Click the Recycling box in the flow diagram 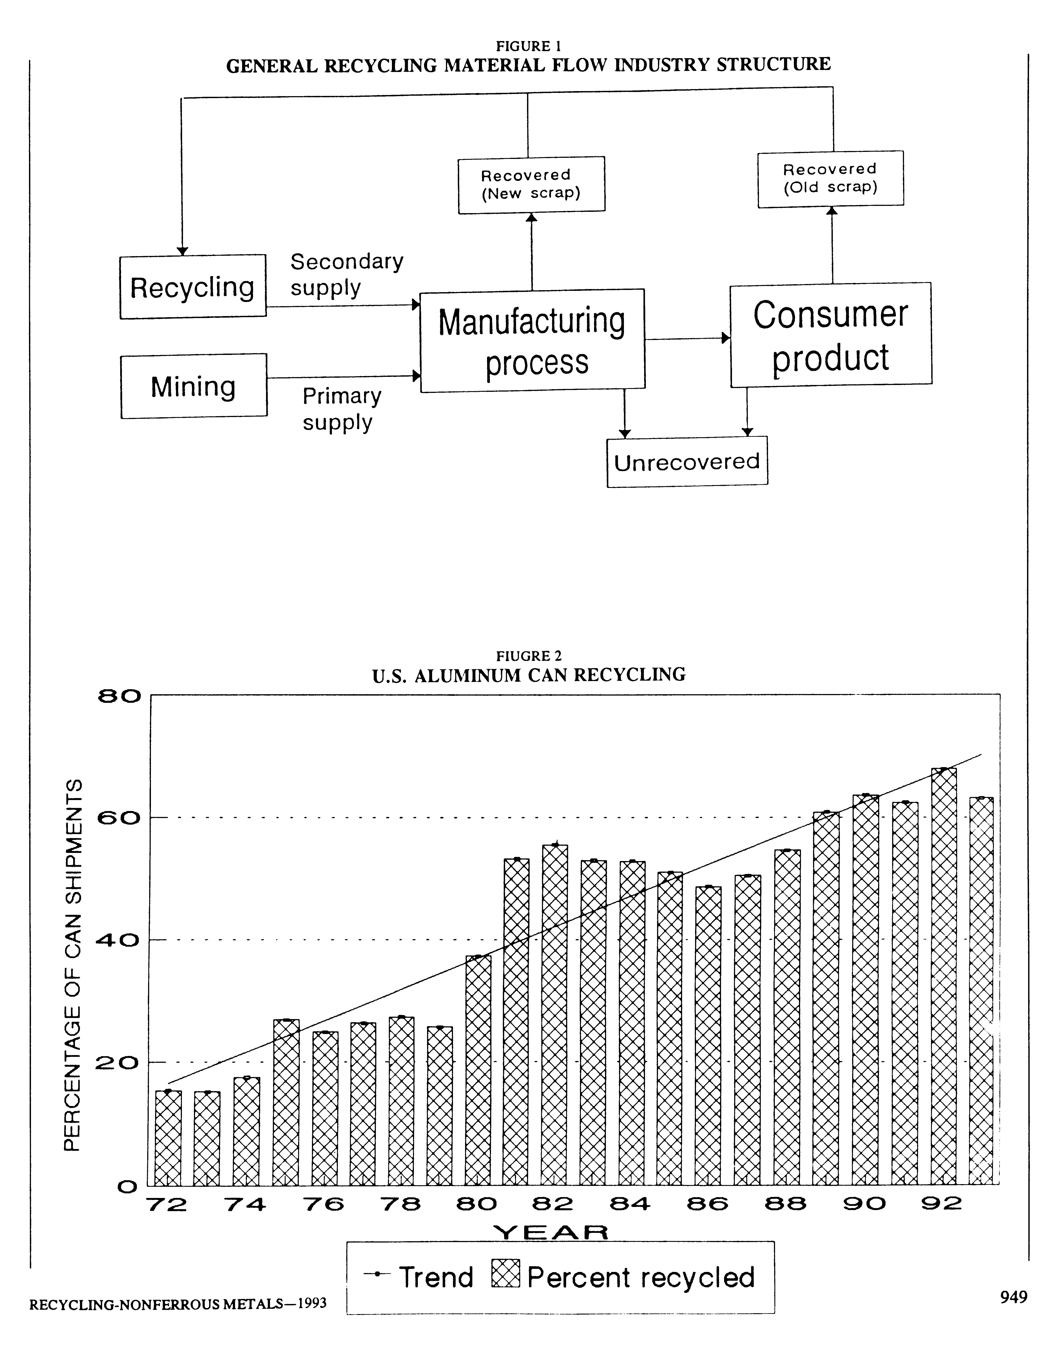point(193,287)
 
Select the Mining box point(194,386)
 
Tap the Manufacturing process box point(533,340)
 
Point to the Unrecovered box point(687,462)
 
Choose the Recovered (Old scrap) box point(831,179)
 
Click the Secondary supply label point(347,274)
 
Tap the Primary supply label point(342,409)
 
